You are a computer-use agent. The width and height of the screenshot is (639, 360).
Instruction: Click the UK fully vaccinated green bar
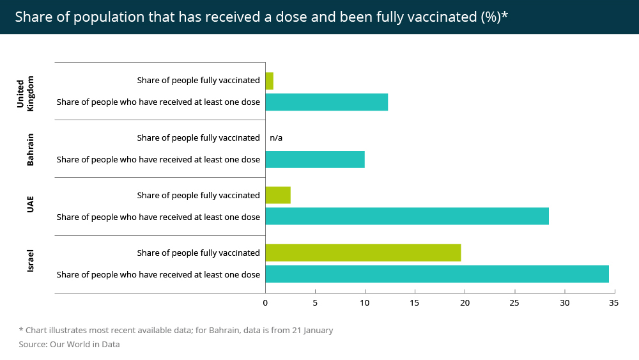click(269, 81)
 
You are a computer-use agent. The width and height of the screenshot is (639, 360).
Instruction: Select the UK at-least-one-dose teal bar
click(327, 102)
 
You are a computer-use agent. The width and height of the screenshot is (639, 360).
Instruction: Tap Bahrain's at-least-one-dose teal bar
click(315, 159)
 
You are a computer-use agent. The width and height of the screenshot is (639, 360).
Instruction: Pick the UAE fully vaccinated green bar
click(278, 195)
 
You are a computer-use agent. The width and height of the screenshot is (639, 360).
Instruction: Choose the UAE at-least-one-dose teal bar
click(407, 217)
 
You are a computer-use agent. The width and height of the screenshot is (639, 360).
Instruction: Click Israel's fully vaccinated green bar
click(363, 253)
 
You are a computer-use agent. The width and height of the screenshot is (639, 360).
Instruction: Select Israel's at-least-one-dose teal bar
click(437, 274)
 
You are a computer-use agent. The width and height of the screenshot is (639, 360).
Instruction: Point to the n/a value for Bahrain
click(276, 137)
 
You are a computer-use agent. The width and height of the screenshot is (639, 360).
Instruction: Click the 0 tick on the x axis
click(265, 302)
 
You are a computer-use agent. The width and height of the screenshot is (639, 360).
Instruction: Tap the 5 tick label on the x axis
click(315, 302)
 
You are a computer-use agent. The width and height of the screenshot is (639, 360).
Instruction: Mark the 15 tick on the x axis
click(415, 302)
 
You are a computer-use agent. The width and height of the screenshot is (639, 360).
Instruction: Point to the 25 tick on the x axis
click(514, 302)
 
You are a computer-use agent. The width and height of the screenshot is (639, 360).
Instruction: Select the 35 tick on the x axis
click(613, 302)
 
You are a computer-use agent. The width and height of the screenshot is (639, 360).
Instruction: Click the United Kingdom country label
click(25, 93)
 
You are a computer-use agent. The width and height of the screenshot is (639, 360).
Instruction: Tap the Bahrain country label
click(30, 150)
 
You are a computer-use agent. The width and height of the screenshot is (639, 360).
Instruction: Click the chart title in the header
click(261, 17)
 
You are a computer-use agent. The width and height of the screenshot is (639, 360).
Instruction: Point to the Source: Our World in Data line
click(69, 344)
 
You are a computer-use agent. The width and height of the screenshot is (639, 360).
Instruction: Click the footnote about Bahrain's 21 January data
click(176, 331)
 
